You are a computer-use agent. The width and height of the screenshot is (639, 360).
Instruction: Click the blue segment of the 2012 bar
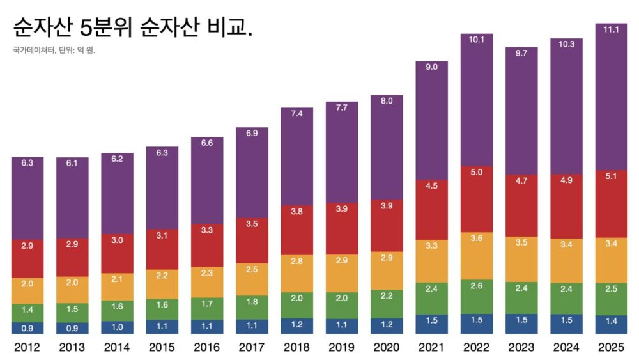point(27,328)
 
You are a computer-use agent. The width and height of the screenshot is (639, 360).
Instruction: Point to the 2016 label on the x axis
point(207,348)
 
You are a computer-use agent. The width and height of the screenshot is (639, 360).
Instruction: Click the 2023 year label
point(521,348)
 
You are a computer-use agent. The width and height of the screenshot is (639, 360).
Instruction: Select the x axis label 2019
point(342,348)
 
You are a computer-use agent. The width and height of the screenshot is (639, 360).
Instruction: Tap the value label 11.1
point(611,29)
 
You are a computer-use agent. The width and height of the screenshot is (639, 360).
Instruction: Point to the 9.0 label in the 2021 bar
point(431,67)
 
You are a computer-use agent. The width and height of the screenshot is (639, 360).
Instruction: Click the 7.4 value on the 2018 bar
point(296,113)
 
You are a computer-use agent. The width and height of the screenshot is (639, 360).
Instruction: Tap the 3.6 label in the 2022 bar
point(476,238)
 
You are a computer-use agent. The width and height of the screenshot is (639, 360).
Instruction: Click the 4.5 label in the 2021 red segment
point(431,186)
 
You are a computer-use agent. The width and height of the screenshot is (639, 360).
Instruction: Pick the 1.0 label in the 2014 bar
point(117,327)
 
